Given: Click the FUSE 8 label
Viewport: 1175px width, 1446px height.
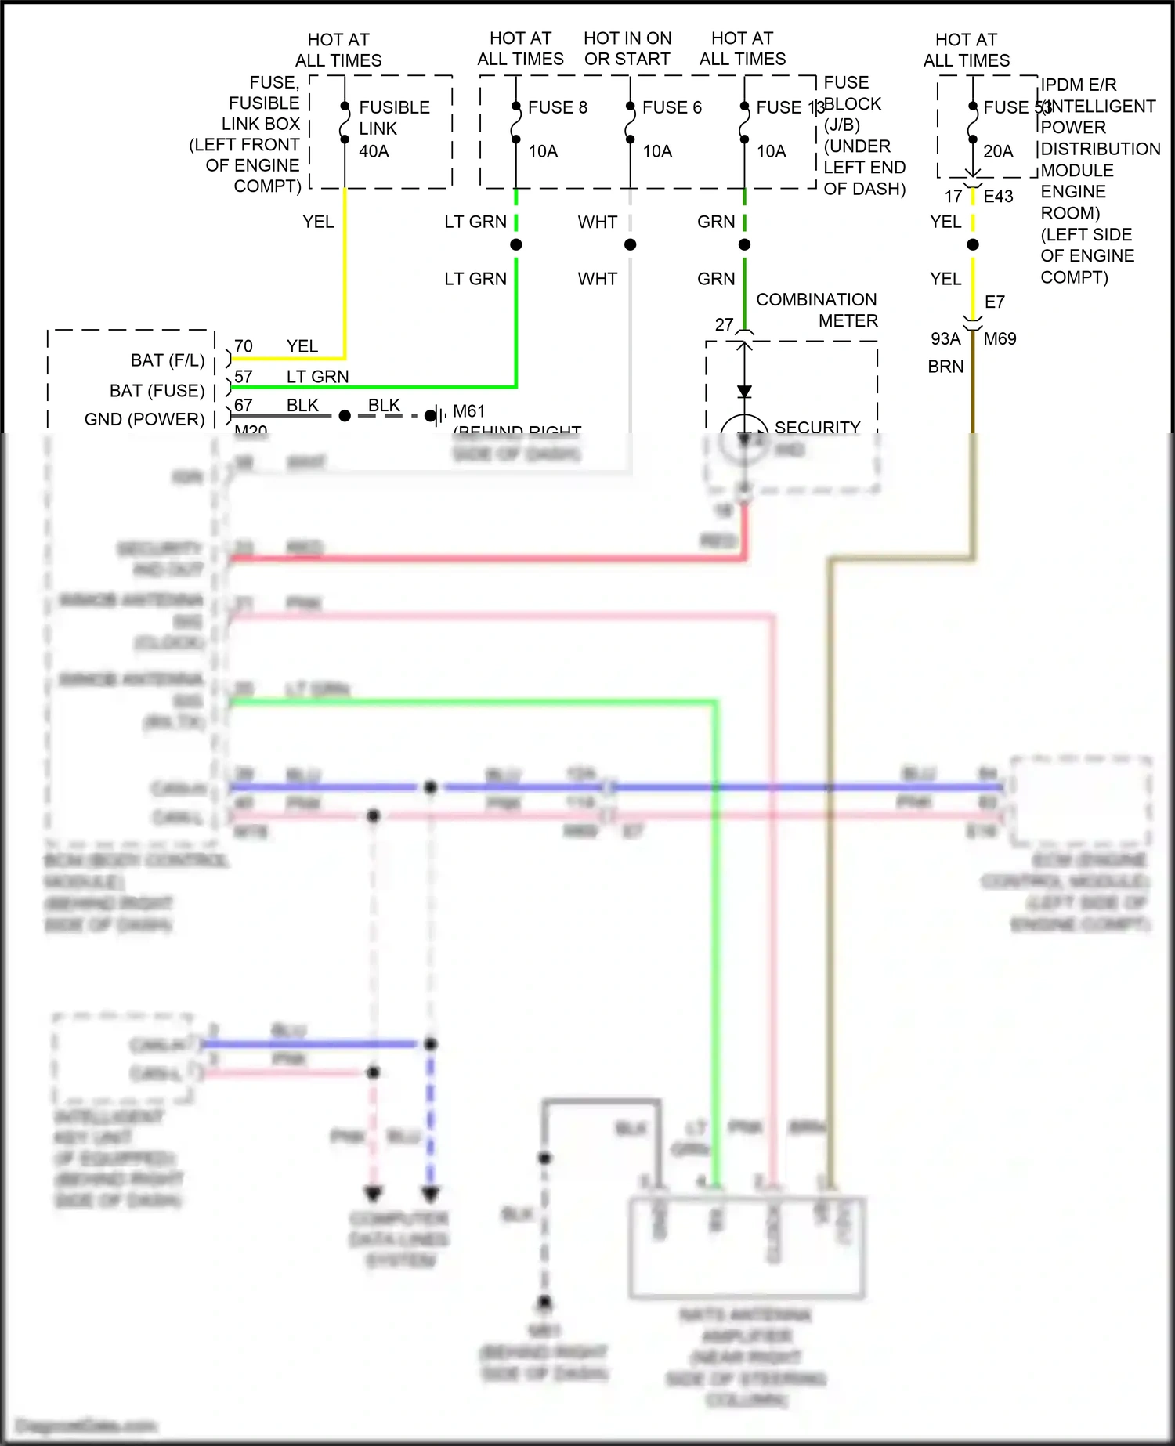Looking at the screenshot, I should (x=557, y=107).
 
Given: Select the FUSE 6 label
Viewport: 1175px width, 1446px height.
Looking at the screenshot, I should (x=671, y=107).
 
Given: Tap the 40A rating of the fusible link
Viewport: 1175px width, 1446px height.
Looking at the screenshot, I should (x=374, y=151).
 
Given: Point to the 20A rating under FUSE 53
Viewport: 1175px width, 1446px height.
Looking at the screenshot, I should (x=997, y=151).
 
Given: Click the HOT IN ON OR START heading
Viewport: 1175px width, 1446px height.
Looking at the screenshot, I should (x=627, y=49).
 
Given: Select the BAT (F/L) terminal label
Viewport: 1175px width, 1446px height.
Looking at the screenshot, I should (x=167, y=360).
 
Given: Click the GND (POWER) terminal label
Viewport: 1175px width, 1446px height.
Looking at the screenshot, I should (x=144, y=419).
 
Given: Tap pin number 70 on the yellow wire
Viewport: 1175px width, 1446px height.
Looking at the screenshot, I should (x=244, y=346).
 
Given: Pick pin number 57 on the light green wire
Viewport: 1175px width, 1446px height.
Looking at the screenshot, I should (x=244, y=377).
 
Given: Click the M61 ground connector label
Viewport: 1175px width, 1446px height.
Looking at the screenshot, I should (x=468, y=411).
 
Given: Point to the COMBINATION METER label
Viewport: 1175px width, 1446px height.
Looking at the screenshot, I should (x=816, y=310).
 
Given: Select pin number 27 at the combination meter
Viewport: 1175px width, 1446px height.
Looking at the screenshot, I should (x=724, y=324).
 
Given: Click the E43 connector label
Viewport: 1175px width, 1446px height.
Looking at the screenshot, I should (x=998, y=197).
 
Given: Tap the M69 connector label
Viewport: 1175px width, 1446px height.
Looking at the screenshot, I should (x=1000, y=339).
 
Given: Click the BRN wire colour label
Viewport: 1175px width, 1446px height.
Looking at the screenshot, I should (x=945, y=367).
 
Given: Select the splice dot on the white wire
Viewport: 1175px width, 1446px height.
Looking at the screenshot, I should (x=630, y=245).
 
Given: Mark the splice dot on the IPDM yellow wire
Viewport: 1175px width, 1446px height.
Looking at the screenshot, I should (x=973, y=245).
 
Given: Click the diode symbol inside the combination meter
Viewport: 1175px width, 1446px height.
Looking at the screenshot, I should (x=744, y=391).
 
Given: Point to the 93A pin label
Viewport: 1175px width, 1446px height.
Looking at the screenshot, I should (x=945, y=339).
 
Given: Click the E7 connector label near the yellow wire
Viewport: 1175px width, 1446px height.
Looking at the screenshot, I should (x=994, y=302).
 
